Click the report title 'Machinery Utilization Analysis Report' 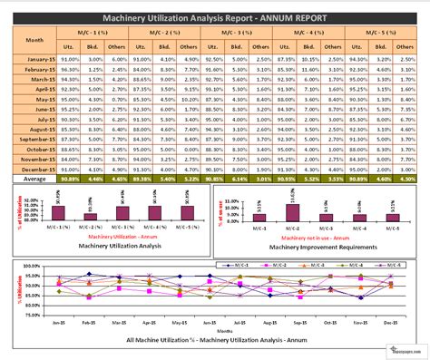click(215, 18)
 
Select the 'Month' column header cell click(34, 41)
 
